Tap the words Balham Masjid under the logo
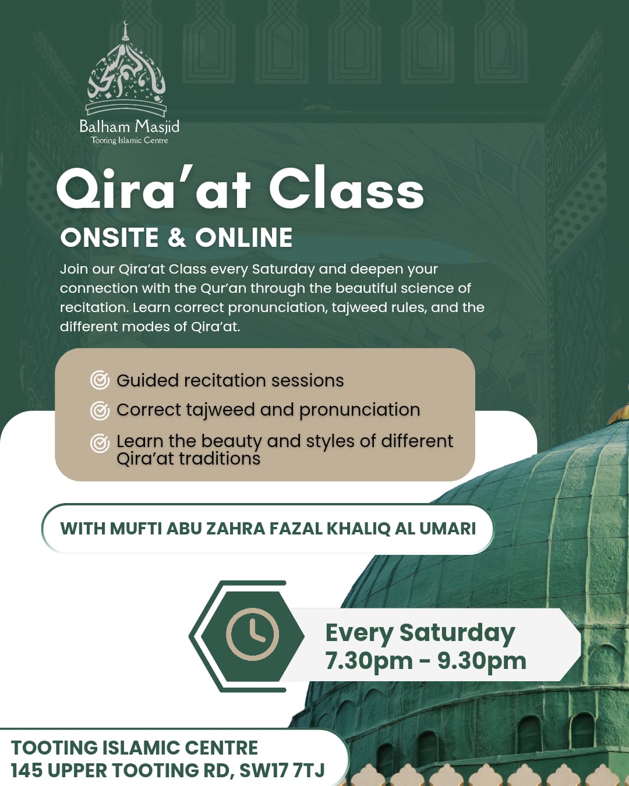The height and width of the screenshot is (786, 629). pyautogui.click(x=129, y=126)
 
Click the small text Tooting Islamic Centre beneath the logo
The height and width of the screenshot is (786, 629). pyautogui.click(x=129, y=140)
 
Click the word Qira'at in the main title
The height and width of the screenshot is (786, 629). pyautogui.click(x=154, y=189)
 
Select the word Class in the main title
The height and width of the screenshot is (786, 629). pyautogui.click(x=346, y=189)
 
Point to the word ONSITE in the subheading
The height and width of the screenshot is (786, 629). pyautogui.click(x=109, y=238)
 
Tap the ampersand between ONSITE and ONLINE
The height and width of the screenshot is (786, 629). pyautogui.click(x=177, y=238)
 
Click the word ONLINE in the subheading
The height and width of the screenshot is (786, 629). pyautogui.click(x=244, y=238)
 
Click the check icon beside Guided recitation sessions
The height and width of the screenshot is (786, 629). pyautogui.click(x=100, y=380)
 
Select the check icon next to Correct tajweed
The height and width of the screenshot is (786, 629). pyautogui.click(x=100, y=410)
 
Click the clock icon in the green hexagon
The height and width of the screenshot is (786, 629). pyautogui.click(x=252, y=635)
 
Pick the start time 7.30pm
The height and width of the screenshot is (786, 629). pyautogui.click(x=369, y=661)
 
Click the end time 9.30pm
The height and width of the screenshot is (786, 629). pyautogui.click(x=482, y=661)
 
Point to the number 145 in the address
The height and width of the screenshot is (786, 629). pyautogui.click(x=27, y=770)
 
